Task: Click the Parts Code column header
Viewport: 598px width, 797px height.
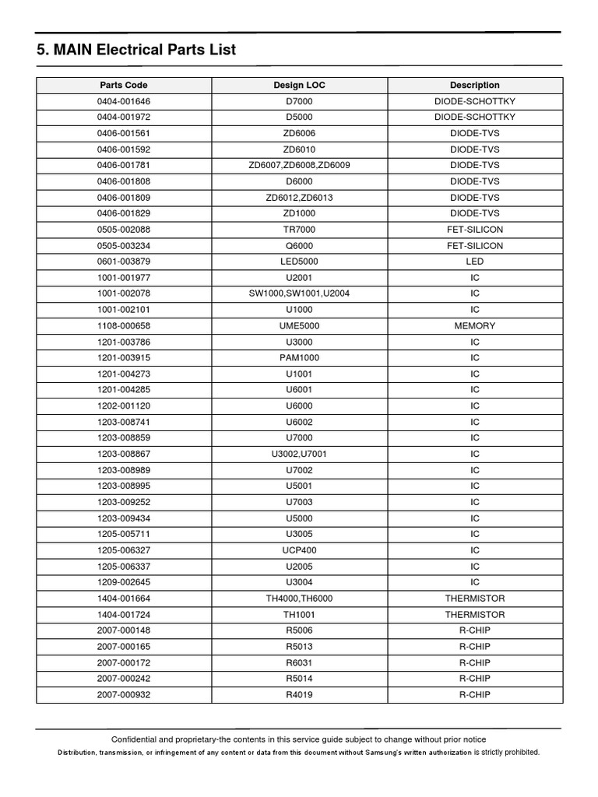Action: pos(124,85)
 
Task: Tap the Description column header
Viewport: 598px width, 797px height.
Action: pos(475,85)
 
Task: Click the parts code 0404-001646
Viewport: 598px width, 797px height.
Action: pos(124,101)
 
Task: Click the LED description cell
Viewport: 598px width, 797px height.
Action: pos(475,262)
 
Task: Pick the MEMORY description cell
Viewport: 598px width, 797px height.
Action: pos(475,325)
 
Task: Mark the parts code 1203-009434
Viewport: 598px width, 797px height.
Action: pos(124,518)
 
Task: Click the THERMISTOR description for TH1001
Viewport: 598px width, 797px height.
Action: pos(475,615)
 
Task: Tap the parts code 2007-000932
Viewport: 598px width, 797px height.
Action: pos(124,694)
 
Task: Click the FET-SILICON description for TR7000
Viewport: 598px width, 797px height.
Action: pos(475,230)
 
